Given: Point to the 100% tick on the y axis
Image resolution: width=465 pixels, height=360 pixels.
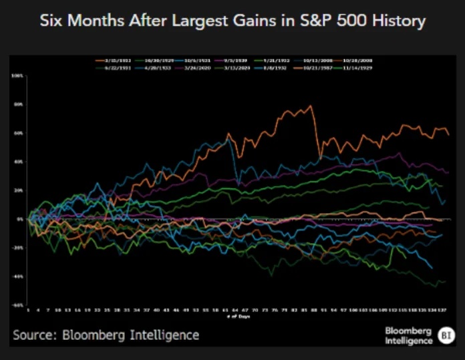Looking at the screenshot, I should pyautogui.click(x=17, y=76).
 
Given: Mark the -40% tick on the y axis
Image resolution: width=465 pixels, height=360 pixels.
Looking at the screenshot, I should pyautogui.click(x=17, y=275).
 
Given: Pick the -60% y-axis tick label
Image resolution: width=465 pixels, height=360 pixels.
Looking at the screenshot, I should pyautogui.click(x=17, y=305).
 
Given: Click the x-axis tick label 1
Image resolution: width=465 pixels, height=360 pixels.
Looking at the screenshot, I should pyautogui.click(x=28, y=311).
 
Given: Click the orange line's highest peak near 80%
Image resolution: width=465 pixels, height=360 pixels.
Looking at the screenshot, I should pyautogui.click(x=311, y=106).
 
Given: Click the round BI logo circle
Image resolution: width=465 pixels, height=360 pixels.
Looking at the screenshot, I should pyautogui.click(x=446, y=335).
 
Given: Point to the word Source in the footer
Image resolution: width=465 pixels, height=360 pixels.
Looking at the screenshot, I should pyautogui.click(x=33, y=335).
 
